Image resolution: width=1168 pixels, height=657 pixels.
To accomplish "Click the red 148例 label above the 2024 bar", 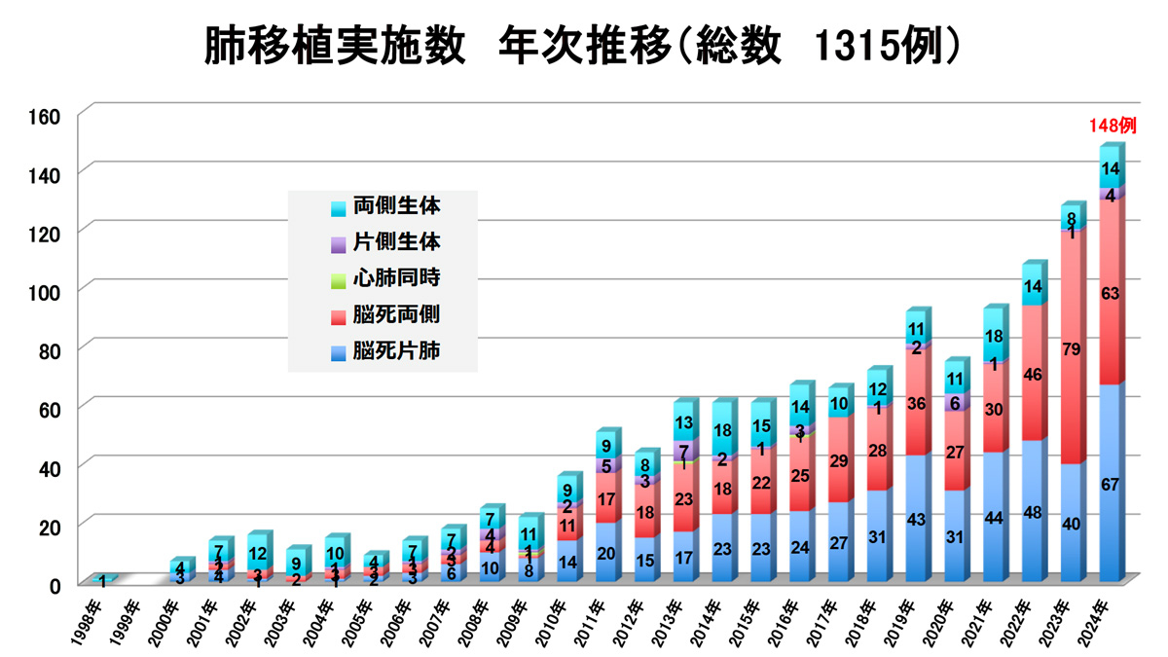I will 1112,126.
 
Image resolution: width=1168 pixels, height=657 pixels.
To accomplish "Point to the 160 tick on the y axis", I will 47,116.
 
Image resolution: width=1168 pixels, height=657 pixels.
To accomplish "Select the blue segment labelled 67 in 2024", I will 1111,483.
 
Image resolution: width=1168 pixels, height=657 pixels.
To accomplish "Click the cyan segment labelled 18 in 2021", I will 995,336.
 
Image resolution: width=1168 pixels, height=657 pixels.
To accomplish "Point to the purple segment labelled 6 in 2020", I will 955,403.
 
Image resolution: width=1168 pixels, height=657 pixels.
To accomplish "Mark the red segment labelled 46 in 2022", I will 1034,373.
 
